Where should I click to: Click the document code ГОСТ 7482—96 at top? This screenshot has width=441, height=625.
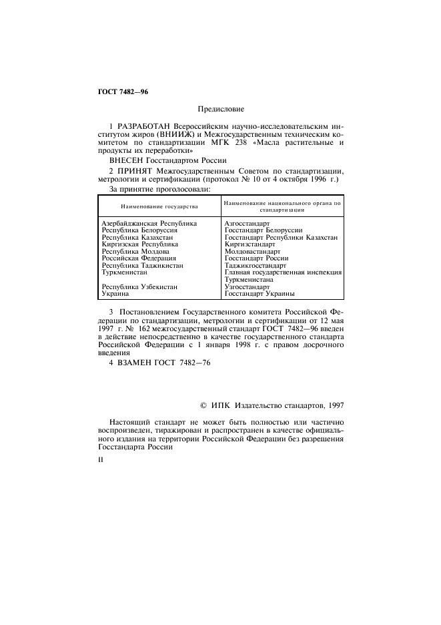(x=118, y=91)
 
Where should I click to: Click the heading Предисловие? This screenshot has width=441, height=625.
(x=221, y=108)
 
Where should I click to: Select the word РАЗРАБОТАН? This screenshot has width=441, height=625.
(x=143, y=126)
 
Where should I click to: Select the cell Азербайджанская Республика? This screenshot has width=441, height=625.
(x=149, y=222)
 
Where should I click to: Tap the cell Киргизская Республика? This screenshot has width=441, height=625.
(x=139, y=244)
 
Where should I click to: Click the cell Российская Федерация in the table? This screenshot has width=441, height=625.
(x=139, y=258)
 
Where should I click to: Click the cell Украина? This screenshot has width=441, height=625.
(x=115, y=293)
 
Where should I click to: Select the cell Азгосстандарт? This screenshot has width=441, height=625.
(x=247, y=222)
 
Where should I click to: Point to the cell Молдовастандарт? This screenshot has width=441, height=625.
(x=252, y=251)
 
